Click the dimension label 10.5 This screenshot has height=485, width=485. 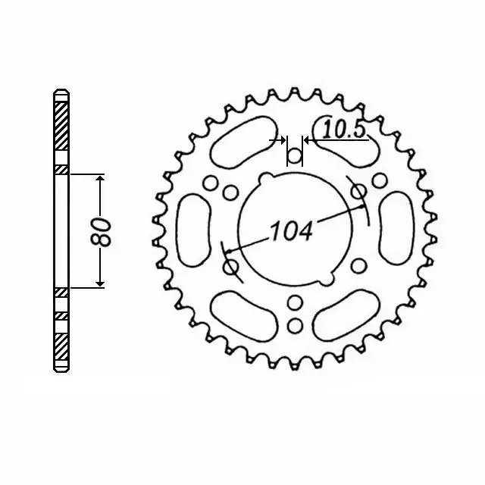pyautogui.click(x=344, y=130)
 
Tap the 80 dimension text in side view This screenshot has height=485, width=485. pyautogui.click(x=105, y=231)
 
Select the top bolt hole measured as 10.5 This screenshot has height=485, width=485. pyautogui.click(x=295, y=157)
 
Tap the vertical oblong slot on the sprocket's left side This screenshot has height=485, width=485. pyautogui.click(x=191, y=227)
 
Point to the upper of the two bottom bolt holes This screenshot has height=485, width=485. pyautogui.click(x=295, y=305)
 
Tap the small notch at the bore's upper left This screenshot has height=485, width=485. pyautogui.click(x=264, y=179)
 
